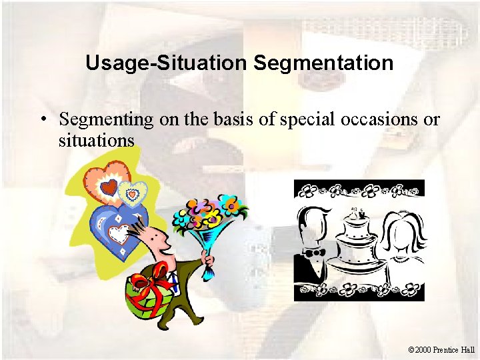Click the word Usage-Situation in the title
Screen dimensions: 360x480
(x=167, y=63)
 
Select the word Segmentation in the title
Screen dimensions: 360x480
(x=323, y=63)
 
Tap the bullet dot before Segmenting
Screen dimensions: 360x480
(x=42, y=121)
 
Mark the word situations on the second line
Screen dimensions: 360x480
(x=97, y=141)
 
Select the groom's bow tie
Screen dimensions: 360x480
(x=314, y=253)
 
